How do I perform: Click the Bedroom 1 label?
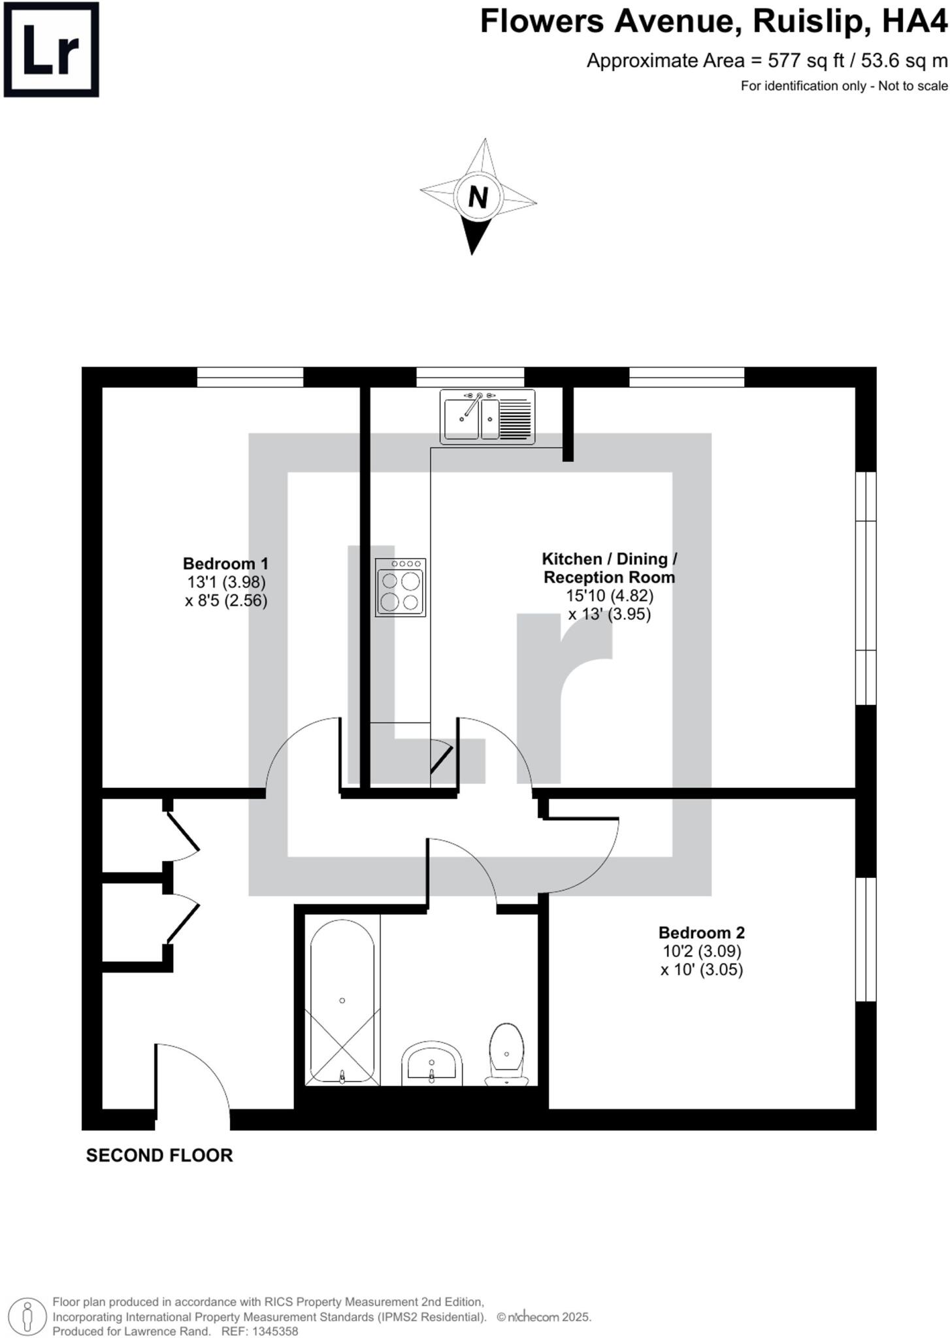point(225,563)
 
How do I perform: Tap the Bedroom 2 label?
point(701,933)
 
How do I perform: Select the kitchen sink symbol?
point(487,417)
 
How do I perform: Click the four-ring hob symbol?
point(401,587)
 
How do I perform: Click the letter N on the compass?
point(478,197)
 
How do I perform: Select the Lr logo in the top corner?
point(51,50)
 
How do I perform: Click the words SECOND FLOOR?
point(159,1156)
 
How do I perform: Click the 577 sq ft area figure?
point(808,61)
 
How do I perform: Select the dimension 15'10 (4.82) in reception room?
point(610,596)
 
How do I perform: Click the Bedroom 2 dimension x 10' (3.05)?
point(701,970)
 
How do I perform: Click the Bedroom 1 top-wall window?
point(250,377)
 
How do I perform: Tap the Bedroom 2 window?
point(866,939)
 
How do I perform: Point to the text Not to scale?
point(912,86)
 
